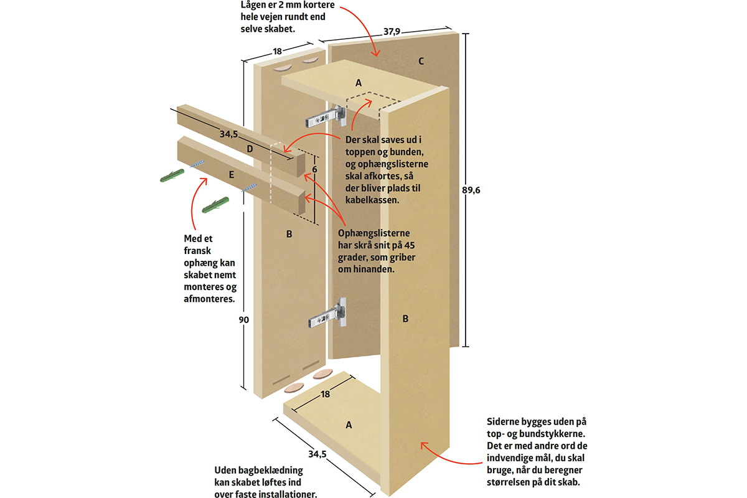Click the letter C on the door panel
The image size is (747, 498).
[421, 61]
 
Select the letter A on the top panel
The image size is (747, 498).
[358, 82]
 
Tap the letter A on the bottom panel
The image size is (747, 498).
[349, 425]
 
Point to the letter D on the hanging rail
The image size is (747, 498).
[249, 149]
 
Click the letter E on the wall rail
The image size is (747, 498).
[231, 176]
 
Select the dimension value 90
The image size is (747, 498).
[243, 320]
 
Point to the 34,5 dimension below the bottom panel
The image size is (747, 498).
[317, 454]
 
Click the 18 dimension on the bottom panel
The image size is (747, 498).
[325, 395]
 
